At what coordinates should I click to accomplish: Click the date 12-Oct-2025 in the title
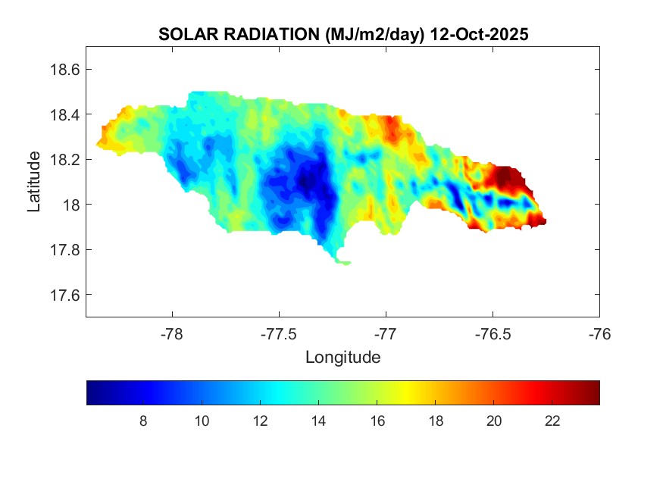478,35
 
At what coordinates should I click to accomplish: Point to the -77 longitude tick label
386,333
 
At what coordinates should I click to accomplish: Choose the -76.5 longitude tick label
493,333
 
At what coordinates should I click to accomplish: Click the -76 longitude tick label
599,333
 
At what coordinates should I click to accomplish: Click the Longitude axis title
342,357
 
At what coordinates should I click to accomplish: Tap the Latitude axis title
34,182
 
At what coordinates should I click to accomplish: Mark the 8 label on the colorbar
143,421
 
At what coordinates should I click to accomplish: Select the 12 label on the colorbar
260,421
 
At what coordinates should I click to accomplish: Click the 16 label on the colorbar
377,421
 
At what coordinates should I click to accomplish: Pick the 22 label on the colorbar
552,421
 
